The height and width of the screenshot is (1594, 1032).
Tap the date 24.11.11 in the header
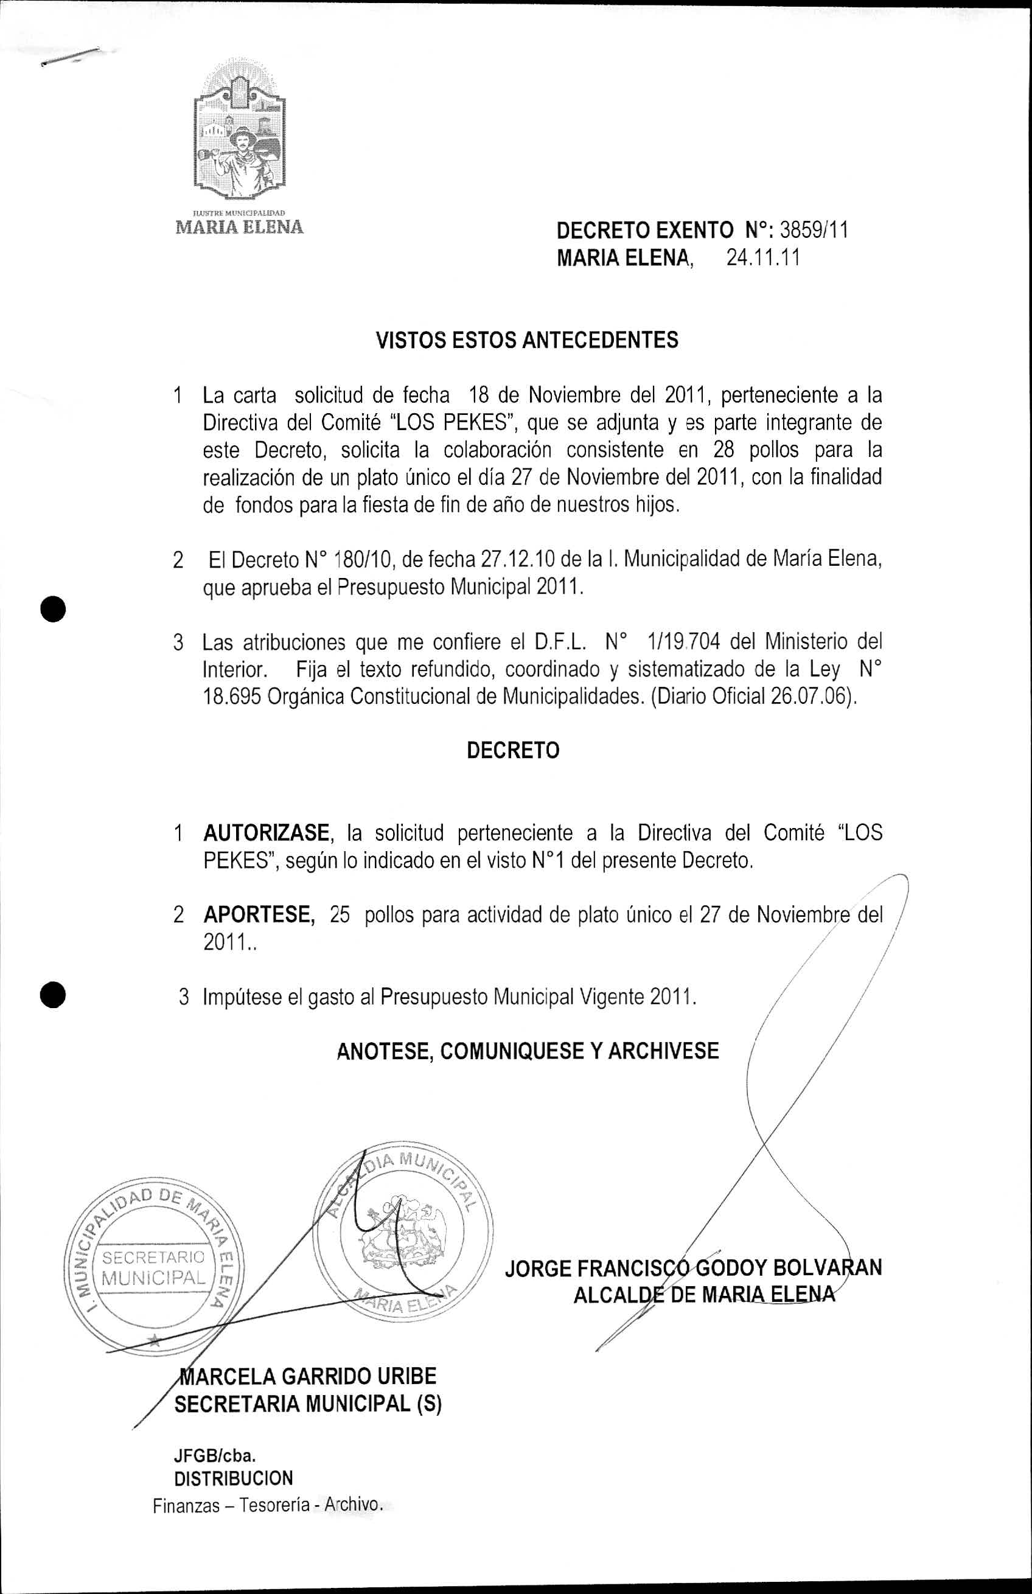[763, 258]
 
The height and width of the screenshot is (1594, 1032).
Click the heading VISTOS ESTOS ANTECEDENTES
[527, 340]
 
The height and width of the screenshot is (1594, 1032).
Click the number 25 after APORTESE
[340, 915]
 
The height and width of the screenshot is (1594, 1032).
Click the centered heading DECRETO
[512, 750]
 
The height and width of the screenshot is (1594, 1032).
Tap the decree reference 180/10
[360, 560]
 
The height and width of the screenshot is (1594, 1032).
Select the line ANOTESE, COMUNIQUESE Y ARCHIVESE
[528, 1051]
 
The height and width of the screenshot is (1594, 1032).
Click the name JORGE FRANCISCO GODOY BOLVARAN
[693, 1269]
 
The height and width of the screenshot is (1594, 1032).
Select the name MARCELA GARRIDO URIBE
[307, 1376]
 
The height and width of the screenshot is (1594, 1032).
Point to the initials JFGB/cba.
[215, 1455]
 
